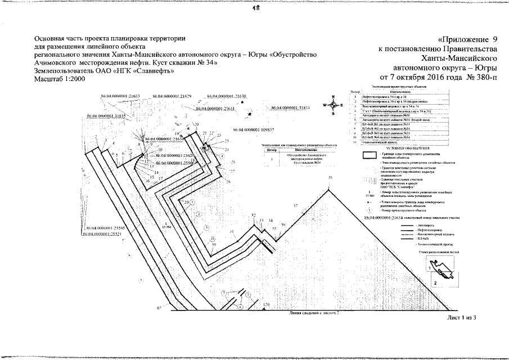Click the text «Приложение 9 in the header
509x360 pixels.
click(x=467, y=40)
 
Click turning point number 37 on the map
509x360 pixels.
click(x=295, y=206)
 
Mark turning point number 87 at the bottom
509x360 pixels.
click(x=159, y=308)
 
